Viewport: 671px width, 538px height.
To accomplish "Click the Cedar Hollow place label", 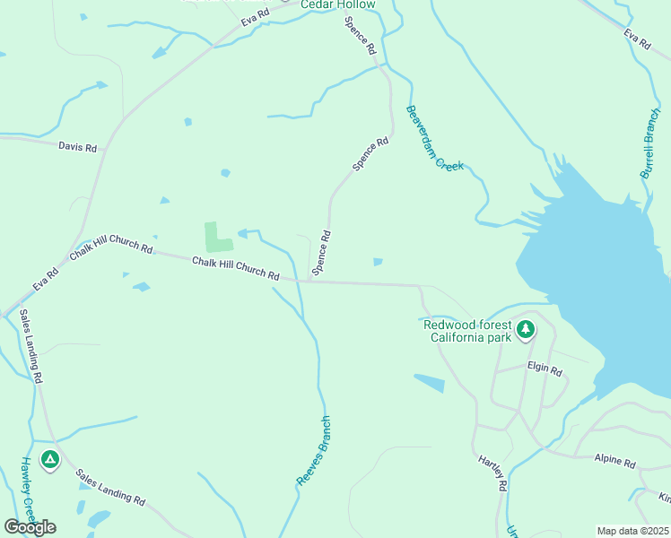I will pyautogui.click(x=337, y=5).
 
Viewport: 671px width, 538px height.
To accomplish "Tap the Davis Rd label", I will pyautogui.click(x=77, y=146).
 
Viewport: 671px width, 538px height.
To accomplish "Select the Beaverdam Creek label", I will pyautogui.click(x=434, y=138).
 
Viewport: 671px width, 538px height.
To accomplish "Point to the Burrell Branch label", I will pyautogui.click(x=649, y=144).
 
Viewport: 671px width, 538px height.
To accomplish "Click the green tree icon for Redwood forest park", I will pyautogui.click(x=525, y=330).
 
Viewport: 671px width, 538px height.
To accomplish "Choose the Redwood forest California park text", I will pyautogui.click(x=468, y=331).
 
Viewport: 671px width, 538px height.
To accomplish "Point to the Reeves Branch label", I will pyautogui.click(x=314, y=451).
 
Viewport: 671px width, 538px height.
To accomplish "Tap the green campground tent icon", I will pyautogui.click(x=50, y=460).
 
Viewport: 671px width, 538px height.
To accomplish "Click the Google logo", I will pyautogui.click(x=30, y=527).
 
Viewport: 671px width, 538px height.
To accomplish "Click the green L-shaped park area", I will pyautogui.click(x=216, y=238).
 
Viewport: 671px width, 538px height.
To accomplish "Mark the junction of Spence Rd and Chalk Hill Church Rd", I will pyautogui.click(x=309, y=281).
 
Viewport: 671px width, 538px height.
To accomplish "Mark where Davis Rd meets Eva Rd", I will pyautogui.click(x=105, y=150).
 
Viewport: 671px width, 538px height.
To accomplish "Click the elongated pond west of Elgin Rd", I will pyautogui.click(x=429, y=383).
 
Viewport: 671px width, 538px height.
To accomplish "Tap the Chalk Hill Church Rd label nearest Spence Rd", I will pyautogui.click(x=235, y=268).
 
